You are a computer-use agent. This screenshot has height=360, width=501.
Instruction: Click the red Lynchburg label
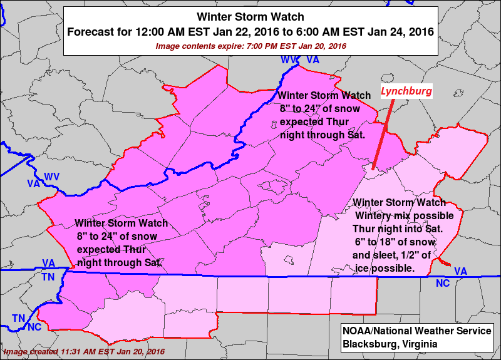coord(406,91)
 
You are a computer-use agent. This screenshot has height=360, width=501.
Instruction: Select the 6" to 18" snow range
coord(377,242)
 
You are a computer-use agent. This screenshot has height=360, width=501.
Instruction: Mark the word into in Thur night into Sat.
coord(411,229)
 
